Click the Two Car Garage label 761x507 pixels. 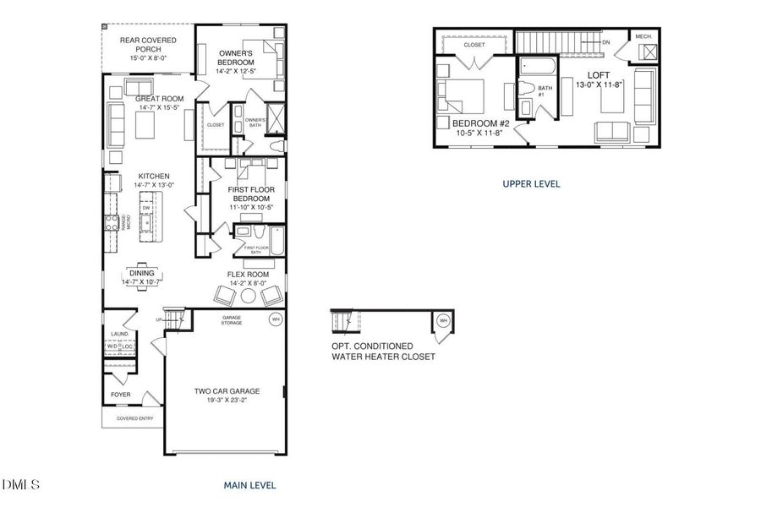[x=227, y=391]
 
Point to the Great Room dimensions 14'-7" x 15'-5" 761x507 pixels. [x=160, y=107]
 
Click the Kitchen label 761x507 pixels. [x=142, y=177]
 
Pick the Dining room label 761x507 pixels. [x=141, y=273]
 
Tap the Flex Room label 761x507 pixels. [x=248, y=275]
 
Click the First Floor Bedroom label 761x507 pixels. [x=249, y=194]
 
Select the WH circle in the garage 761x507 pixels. [x=275, y=319]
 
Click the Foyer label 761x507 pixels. [x=121, y=395]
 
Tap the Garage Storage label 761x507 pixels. [x=232, y=319]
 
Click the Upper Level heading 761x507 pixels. [x=531, y=183]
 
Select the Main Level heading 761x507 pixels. [x=249, y=486]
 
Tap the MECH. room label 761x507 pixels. [x=644, y=35]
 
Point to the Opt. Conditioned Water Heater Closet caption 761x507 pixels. [x=383, y=352]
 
